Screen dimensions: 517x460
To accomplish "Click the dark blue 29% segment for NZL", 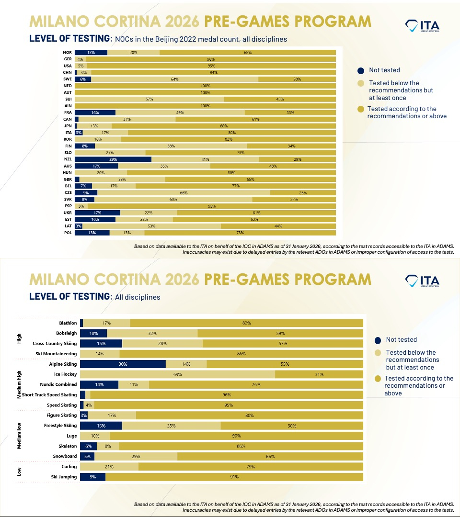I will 113,159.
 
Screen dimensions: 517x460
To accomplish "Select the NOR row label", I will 67,52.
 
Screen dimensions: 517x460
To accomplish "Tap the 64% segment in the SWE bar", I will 174,79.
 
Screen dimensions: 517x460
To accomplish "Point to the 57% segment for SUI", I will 149,99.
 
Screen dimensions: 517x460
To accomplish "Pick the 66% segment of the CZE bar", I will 184,192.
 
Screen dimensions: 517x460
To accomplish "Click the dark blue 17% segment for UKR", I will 97,213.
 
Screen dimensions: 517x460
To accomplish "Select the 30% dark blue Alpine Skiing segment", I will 123,364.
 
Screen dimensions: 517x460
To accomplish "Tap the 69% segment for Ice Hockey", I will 177,374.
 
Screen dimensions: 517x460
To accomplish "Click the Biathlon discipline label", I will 68,323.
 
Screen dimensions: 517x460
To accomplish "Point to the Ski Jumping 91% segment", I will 234,477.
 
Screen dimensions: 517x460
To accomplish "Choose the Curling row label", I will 69,466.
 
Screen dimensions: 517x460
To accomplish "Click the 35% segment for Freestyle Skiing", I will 172,426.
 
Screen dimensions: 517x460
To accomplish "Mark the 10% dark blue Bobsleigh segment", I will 93,333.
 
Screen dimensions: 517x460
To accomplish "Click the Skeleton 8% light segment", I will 108,446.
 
